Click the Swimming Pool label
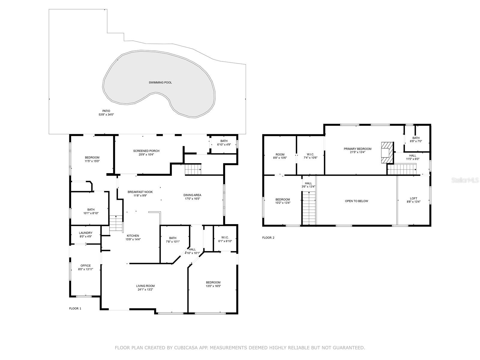click(x=160, y=82)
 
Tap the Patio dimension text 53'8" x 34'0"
click(x=106, y=115)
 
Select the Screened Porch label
click(x=146, y=151)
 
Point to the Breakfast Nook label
click(x=140, y=192)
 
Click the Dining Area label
click(x=192, y=195)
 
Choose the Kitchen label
click(x=133, y=235)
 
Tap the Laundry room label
click(x=86, y=233)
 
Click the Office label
click(x=85, y=265)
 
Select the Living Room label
click(x=145, y=286)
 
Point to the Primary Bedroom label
click(x=358, y=149)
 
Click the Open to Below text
click(x=356, y=201)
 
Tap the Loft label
click(x=413, y=199)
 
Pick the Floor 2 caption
click(x=268, y=238)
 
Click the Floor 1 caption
click(x=75, y=308)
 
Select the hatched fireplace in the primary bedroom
click(x=387, y=153)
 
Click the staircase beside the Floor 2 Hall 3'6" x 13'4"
click(x=309, y=208)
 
